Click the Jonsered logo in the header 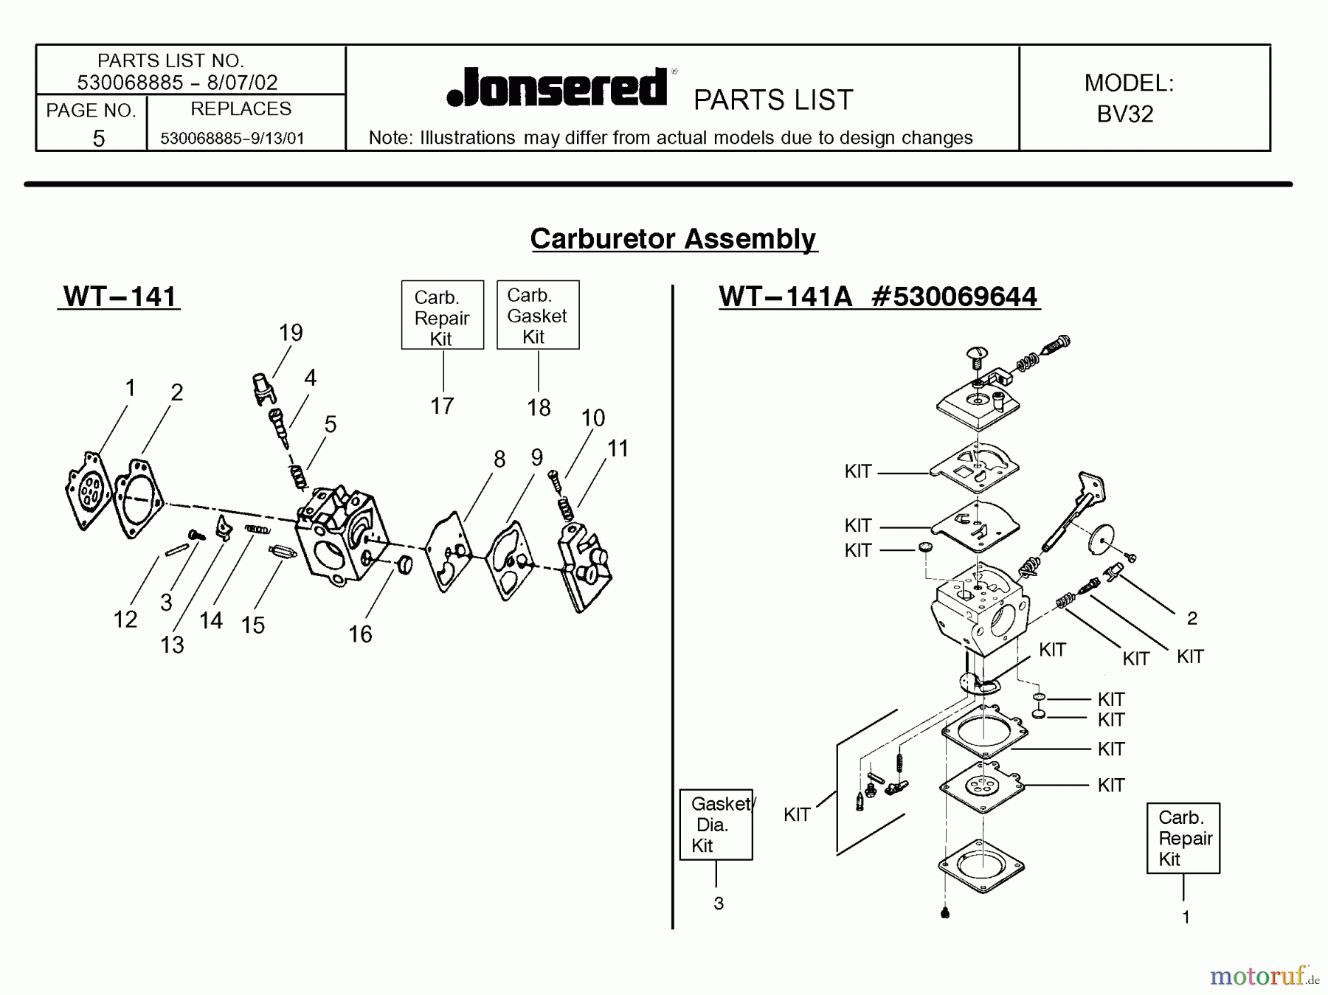(558, 88)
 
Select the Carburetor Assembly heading (673, 238)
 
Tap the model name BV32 (1124, 114)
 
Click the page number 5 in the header (98, 138)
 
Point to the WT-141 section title (120, 297)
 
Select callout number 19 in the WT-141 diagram (291, 333)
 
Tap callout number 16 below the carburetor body (360, 634)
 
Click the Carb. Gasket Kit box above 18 (537, 315)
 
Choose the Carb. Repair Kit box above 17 (442, 316)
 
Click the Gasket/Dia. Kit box (716, 825)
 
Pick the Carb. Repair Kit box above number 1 (1183, 839)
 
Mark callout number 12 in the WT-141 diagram (125, 619)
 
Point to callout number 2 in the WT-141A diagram (1192, 618)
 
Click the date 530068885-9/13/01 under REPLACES (232, 139)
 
